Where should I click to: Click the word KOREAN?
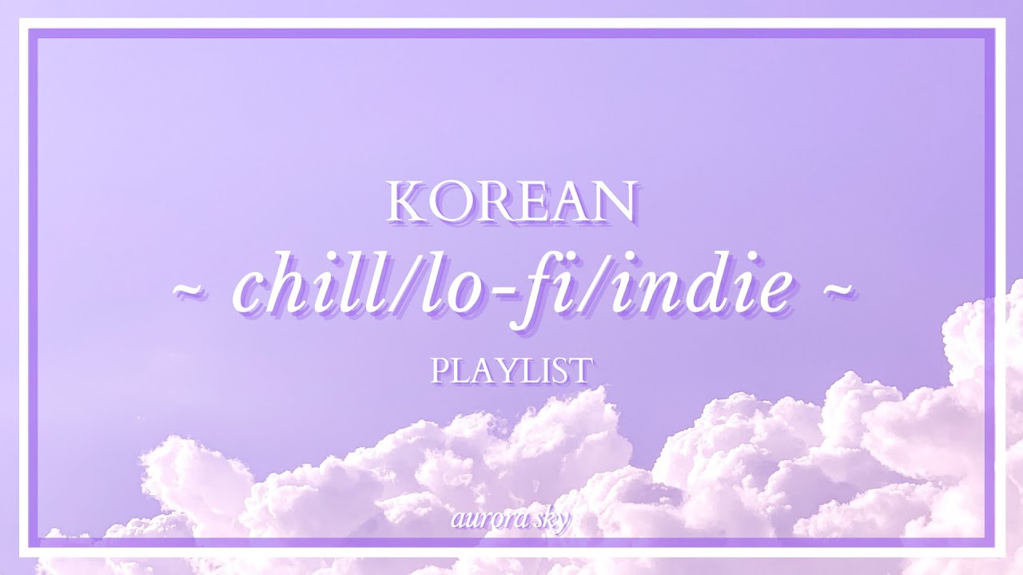(511, 203)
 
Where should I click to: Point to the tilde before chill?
(190, 292)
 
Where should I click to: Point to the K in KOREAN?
(404, 204)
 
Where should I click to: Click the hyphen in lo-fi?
(485, 294)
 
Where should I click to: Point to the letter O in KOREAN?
(448, 204)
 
